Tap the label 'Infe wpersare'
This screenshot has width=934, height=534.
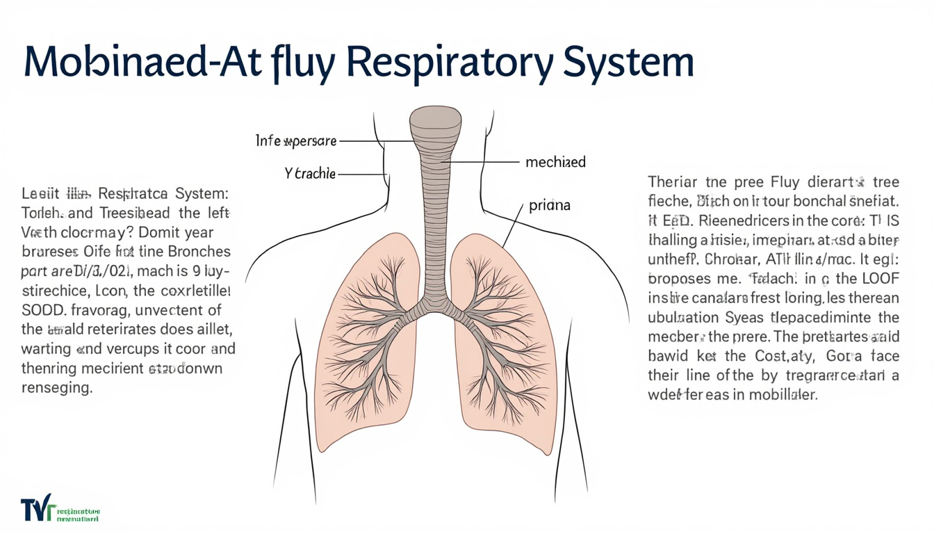click(x=296, y=141)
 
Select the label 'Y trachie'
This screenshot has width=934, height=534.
click(x=310, y=174)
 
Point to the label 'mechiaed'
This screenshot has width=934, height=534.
click(x=555, y=162)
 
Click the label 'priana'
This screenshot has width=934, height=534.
click(x=549, y=206)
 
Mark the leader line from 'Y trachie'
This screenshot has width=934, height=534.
click(x=361, y=174)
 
